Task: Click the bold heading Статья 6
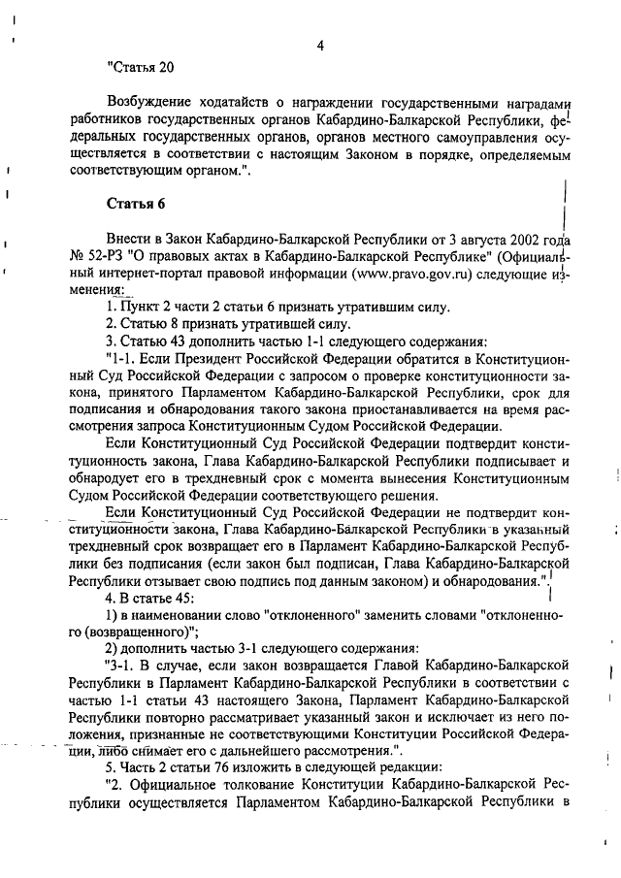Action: [136, 202]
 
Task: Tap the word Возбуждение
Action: [149, 102]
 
